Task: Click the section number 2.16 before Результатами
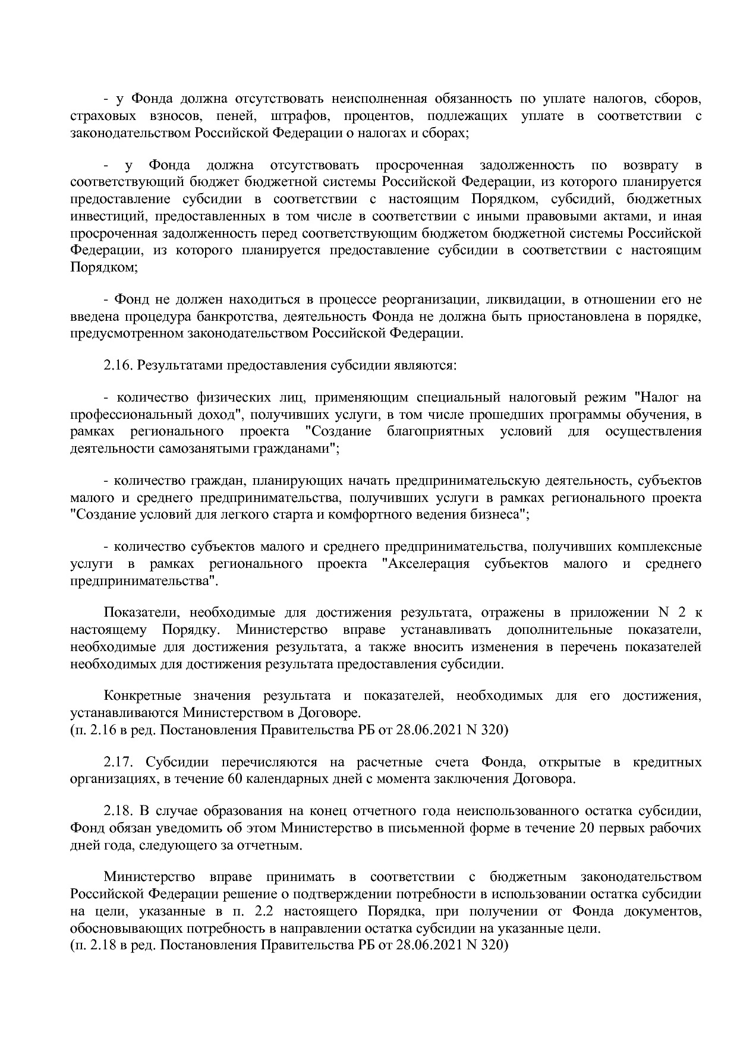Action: [118, 365]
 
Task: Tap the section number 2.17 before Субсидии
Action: [118, 762]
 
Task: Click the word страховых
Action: [97, 116]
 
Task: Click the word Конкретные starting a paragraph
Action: [140, 695]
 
